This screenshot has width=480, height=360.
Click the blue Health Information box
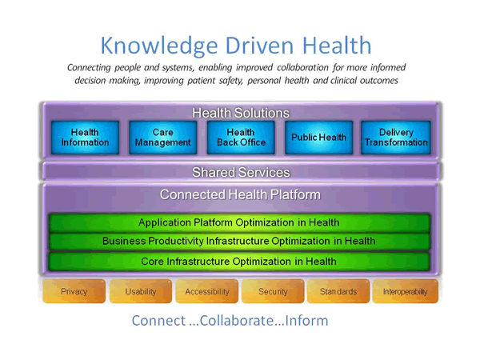pos(85,138)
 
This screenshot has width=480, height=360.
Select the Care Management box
pos(163,138)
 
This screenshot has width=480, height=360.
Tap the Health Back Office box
pos(241,138)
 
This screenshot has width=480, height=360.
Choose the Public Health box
pos(318,138)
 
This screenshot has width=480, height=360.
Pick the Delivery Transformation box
pos(396,138)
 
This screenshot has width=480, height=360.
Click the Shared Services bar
pos(241,172)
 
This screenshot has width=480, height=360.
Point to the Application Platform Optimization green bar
pos(239,222)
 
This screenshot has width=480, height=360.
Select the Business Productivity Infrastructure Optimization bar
pos(239,242)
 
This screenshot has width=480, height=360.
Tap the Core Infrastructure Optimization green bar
pos(239,262)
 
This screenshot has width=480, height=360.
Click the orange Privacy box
pos(74,291)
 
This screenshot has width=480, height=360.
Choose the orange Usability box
pos(141,291)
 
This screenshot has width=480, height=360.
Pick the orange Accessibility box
pos(207,291)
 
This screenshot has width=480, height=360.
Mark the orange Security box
pos(273,291)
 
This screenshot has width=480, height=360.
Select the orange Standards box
pos(338,291)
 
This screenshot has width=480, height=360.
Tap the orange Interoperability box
pos(406,291)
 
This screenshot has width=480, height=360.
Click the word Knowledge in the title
pos(159,46)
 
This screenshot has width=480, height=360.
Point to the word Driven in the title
pos(259,46)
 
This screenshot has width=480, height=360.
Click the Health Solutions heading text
pos(241,113)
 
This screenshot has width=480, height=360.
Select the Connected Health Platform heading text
pos(240,194)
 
